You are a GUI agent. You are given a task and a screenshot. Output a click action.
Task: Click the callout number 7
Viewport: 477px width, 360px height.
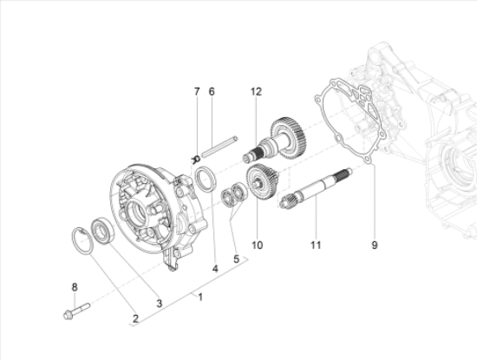click(x=197, y=92)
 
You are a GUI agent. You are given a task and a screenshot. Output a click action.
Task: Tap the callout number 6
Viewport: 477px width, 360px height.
click(x=212, y=92)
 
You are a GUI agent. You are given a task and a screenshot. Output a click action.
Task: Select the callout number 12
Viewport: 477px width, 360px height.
click(x=256, y=92)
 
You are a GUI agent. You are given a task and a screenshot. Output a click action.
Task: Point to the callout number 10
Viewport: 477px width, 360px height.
click(x=257, y=245)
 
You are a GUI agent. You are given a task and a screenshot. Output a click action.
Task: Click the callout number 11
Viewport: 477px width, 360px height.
click(x=316, y=245)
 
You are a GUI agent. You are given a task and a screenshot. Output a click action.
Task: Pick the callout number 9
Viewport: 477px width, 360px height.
click(x=375, y=245)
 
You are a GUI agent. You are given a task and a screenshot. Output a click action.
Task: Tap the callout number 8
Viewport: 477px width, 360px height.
click(x=75, y=287)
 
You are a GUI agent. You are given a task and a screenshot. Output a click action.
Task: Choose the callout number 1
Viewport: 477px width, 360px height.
click(x=200, y=297)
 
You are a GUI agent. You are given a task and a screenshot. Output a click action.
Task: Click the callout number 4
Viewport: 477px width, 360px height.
click(x=215, y=269)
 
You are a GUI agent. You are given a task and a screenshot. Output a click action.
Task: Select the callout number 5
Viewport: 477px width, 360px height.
click(x=237, y=259)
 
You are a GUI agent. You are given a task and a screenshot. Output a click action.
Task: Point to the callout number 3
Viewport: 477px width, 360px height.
click(x=160, y=304)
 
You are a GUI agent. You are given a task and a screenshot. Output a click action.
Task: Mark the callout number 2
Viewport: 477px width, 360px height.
click(x=135, y=319)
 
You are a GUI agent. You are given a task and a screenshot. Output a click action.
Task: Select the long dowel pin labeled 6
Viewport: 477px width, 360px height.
click(x=219, y=147)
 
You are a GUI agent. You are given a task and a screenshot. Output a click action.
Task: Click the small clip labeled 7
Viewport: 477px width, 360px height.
click(x=196, y=159)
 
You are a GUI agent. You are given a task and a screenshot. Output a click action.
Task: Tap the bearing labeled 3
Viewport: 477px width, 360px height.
click(x=103, y=231)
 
